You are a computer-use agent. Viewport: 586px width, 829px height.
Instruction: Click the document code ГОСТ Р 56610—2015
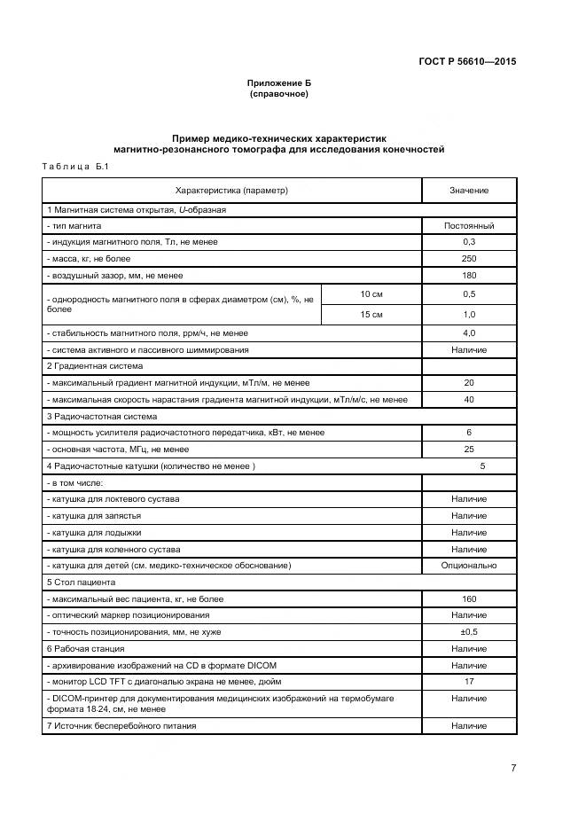466,62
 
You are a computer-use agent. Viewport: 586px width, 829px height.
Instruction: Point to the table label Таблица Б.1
74,167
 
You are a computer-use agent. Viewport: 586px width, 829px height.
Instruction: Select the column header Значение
468,191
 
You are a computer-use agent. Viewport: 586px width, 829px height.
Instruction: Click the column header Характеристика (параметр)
232,191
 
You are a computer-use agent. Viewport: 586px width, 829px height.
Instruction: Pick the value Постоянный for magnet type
468,226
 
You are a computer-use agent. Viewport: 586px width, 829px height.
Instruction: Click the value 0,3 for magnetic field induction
468,242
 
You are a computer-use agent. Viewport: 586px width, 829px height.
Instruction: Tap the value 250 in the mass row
468,259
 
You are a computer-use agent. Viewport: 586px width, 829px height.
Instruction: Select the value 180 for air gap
468,276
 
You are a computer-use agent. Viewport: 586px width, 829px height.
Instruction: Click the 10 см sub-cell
371,293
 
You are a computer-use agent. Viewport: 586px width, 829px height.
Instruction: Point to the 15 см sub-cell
371,315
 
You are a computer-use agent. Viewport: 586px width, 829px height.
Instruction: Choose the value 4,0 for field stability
468,333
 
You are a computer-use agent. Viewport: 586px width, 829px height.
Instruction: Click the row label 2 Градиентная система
95,366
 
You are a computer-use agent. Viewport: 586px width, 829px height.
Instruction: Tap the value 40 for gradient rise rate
468,400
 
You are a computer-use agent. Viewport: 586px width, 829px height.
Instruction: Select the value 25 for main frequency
468,450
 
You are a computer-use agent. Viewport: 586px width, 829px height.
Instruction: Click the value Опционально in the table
468,566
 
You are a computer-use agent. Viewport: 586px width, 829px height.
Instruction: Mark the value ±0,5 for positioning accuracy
468,632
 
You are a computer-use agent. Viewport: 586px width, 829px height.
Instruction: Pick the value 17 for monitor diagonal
468,682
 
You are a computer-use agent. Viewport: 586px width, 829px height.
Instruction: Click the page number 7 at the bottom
512,769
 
